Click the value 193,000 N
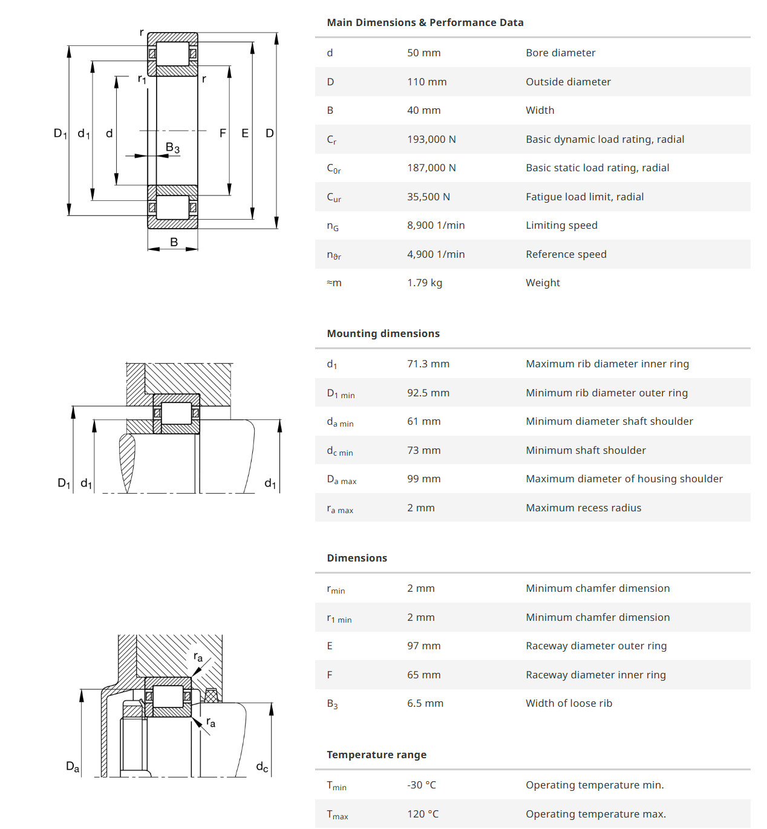431,139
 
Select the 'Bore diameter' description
560,53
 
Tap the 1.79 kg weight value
424,283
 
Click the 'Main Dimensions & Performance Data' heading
425,22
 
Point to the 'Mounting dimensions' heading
383,333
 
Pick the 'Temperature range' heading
376,755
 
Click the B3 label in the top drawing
172,148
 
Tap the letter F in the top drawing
223,133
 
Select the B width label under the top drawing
174,242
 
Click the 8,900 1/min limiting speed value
436,225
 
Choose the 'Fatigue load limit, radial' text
584,197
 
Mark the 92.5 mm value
428,393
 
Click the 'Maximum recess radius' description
583,508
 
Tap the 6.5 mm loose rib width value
425,703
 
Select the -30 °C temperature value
421,785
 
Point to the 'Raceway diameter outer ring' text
596,646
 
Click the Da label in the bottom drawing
73,767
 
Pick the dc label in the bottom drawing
262,767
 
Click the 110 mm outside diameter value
426,82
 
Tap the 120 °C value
422,814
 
